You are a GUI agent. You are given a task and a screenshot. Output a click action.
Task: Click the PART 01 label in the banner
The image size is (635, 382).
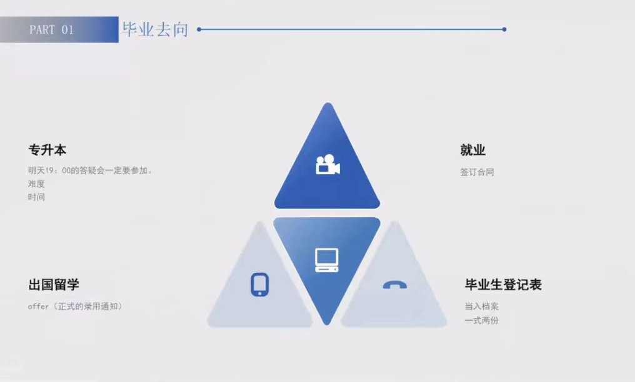[51, 30]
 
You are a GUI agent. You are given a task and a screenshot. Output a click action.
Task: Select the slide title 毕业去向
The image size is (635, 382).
[155, 29]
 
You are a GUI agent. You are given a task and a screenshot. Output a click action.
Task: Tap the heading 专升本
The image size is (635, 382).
[47, 150]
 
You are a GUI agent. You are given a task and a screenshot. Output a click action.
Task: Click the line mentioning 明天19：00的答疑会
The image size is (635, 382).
[90, 170]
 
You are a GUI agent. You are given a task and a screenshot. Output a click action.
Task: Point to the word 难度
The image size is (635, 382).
[36, 184]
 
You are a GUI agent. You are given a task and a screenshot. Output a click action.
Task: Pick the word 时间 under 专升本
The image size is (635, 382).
[36, 197]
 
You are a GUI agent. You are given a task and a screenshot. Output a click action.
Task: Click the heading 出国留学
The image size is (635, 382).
[54, 285]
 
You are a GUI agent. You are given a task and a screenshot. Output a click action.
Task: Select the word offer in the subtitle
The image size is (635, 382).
[38, 306]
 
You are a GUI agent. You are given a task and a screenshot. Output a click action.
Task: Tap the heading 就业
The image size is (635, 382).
[472, 150]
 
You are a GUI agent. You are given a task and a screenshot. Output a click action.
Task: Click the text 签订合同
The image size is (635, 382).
[477, 172]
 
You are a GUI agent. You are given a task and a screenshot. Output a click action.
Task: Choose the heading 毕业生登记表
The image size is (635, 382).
[503, 285]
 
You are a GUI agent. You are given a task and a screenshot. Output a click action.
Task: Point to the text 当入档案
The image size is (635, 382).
[481, 306]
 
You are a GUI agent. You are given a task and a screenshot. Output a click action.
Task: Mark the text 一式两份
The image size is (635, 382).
[481, 320]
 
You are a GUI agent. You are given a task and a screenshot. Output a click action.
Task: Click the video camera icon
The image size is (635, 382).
[327, 165]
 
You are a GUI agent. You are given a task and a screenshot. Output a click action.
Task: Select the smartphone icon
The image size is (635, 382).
[259, 284]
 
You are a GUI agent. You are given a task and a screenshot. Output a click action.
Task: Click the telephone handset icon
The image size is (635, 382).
[394, 285]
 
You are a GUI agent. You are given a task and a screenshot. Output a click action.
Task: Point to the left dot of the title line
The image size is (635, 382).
[199, 29]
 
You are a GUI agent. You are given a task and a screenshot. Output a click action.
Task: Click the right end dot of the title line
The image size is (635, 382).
[504, 29]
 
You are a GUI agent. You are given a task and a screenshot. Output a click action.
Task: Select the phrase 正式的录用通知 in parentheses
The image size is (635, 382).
[86, 306]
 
